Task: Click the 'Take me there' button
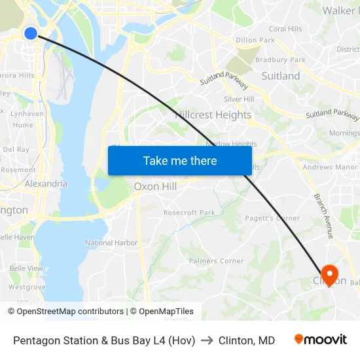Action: pos(180,160)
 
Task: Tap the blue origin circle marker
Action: pos(31,33)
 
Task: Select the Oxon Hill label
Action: pos(155,187)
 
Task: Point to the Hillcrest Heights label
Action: pos(213,115)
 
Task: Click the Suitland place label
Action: pos(281,76)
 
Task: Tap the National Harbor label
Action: pos(111,243)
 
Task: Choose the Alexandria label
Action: pos(46,184)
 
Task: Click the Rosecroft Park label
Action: pos(189,213)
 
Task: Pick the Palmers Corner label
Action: pos(216,261)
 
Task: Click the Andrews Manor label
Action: pos(330,168)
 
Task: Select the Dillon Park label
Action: pos(255,40)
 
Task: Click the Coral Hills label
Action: pos(285,29)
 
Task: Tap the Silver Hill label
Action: pos(239,99)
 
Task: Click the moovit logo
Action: pos(321,340)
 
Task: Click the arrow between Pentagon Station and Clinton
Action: pos(207,340)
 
